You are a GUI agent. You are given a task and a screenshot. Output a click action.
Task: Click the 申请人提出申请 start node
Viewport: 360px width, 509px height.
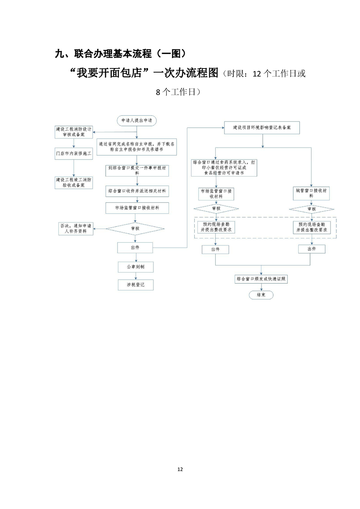136,121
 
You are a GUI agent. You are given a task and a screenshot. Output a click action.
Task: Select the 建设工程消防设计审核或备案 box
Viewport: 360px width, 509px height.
74,132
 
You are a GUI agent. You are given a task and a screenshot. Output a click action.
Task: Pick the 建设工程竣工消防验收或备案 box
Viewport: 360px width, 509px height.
74,182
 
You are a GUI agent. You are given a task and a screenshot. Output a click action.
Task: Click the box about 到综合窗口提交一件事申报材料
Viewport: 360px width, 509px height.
137,171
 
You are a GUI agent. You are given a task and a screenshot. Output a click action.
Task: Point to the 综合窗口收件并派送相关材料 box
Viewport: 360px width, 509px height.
137,191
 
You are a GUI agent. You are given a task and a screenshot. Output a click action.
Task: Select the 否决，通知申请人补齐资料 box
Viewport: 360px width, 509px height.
74,228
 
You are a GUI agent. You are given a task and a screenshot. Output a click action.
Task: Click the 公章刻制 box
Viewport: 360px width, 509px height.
135,266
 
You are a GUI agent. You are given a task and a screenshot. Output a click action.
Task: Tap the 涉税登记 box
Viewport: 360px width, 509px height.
135,285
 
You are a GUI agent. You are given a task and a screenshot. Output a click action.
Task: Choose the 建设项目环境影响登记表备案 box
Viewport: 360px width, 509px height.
262,128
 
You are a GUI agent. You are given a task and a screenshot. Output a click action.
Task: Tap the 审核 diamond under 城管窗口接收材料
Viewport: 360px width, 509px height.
311,209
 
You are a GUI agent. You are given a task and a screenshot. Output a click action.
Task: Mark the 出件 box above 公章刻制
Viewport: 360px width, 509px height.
135,248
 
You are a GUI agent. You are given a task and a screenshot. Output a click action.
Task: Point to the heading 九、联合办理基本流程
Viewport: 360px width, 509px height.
120,54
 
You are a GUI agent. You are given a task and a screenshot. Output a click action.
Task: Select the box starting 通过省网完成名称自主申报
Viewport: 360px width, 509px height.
137,147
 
